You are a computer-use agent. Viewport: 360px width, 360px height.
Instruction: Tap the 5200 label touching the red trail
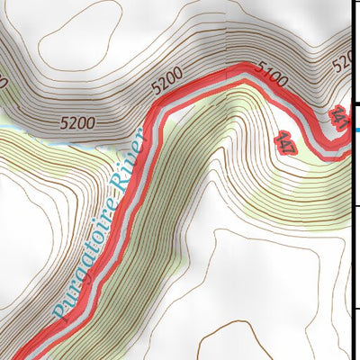pyautogui.click(x=168, y=83)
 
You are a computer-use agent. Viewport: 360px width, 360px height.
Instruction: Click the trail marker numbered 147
pyautogui.click(x=284, y=143)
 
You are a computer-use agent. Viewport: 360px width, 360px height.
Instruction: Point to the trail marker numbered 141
pyautogui.click(x=339, y=118)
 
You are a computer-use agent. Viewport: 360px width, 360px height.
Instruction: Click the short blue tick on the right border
pyautogui.click(x=356, y=131)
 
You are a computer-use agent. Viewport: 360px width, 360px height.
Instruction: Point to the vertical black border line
pyautogui.click(x=352, y=225)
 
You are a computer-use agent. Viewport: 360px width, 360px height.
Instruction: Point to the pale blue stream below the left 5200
pyautogui.click(x=54, y=135)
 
